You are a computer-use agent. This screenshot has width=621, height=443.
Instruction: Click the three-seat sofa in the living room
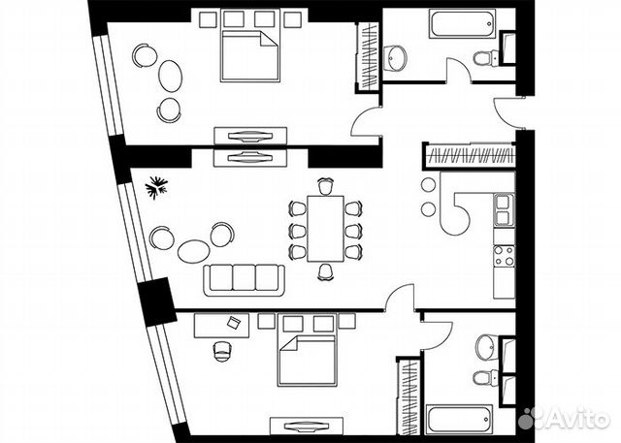(x=244, y=280)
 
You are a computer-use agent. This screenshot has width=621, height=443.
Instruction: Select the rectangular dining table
(x=326, y=228)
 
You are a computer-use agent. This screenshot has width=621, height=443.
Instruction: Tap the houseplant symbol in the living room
(x=156, y=187)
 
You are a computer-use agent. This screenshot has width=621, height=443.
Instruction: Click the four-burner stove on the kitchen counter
(x=505, y=256)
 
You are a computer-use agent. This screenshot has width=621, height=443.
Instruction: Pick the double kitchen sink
(x=504, y=210)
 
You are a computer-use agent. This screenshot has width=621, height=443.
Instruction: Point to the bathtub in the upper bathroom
(x=463, y=23)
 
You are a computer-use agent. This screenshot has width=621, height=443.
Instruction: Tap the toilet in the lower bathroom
(x=485, y=378)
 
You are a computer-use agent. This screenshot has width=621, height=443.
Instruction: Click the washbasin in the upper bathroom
(x=395, y=58)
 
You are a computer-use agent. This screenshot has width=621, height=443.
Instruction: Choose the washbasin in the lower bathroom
(x=486, y=348)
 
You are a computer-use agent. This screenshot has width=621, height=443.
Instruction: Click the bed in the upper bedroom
(x=250, y=56)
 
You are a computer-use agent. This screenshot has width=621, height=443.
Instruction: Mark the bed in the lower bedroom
(x=308, y=361)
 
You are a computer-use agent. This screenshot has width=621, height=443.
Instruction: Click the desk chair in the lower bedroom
(x=222, y=351)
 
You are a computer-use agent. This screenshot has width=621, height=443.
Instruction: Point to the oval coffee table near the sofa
(x=193, y=251)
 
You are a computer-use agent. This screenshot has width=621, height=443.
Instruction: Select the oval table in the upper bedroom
(x=171, y=76)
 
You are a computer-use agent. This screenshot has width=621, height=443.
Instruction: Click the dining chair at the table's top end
(x=326, y=186)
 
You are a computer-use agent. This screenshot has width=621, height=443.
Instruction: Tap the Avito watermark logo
(x=565, y=418)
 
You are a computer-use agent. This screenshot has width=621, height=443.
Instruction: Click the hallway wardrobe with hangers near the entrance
(x=471, y=155)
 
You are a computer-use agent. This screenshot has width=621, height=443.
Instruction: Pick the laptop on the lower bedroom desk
(x=233, y=322)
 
